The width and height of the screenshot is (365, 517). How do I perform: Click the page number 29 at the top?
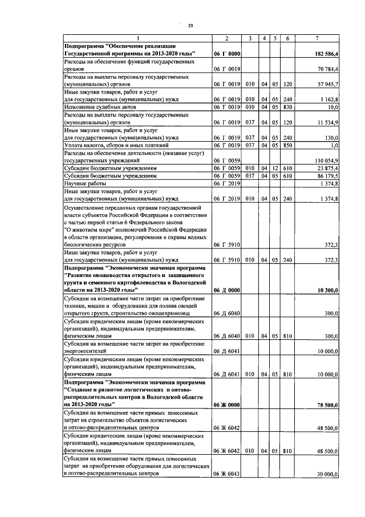[191, 25]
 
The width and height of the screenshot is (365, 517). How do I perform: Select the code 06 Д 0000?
[226, 291]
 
